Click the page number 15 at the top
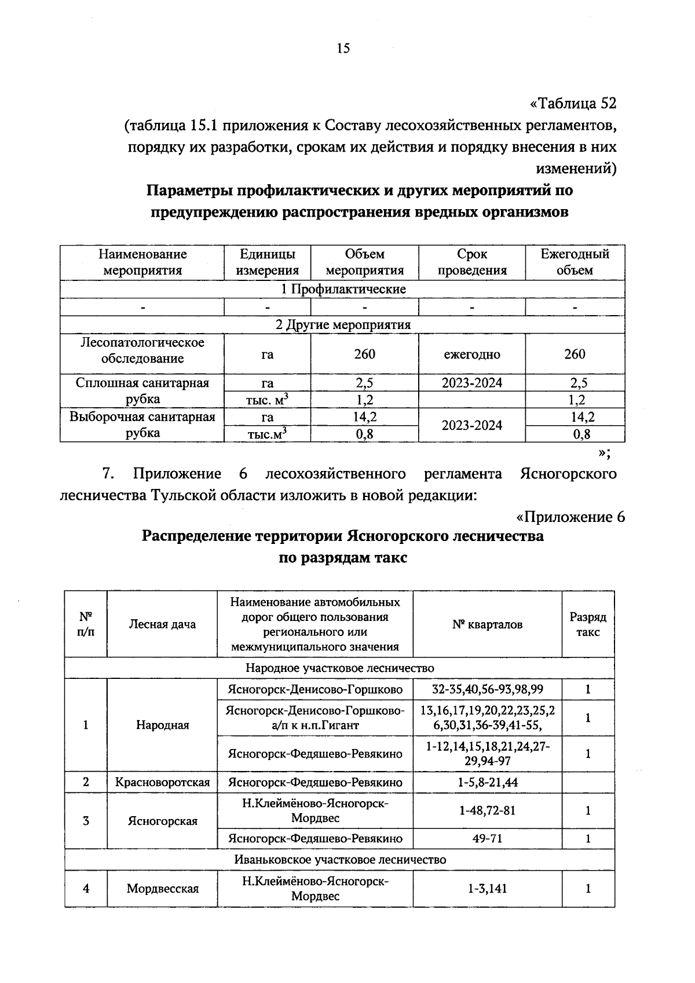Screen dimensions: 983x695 click(343, 49)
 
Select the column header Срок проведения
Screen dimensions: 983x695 click(471, 262)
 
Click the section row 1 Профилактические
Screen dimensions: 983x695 click(343, 289)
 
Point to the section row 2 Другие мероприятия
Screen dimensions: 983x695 click(343, 324)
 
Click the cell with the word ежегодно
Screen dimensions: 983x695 click(471, 354)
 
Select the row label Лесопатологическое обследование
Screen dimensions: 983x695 click(142, 350)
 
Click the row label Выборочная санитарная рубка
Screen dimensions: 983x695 click(142, 425)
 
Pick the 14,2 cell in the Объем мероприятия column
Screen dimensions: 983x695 click(365, 417)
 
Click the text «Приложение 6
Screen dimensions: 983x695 click(570, 517)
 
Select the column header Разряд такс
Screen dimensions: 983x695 click(587, 624)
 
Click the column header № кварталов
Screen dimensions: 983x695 click(487, 624)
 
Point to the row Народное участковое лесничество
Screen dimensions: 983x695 click(339, 668)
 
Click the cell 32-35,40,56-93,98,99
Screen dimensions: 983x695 click(487, 689)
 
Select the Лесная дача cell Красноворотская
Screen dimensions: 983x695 click(162, 782)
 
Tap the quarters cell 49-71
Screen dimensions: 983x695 click(487, 838)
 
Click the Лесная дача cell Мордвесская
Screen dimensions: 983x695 click(162, 889)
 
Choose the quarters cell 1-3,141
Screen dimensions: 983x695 click(487, 889)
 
